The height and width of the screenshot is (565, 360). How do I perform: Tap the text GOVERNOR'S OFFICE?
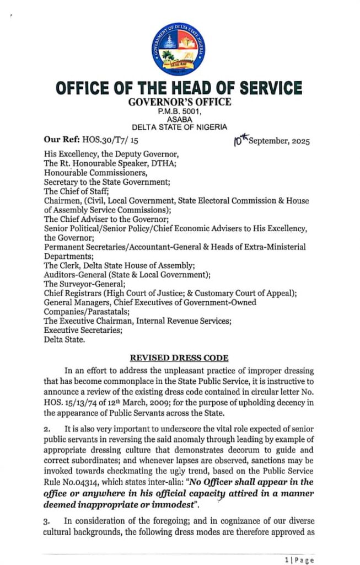[180, 102]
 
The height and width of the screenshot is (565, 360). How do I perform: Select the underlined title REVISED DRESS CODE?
[179, 357]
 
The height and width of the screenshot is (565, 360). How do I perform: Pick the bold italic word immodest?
[185, 502]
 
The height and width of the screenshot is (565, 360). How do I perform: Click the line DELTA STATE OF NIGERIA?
[180, 126]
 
